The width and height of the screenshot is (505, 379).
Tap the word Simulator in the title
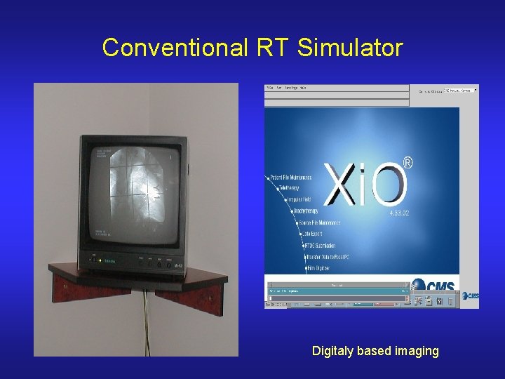click(350, 48)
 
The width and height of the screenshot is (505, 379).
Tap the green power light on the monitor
click(100, 261)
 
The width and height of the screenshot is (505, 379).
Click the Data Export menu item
click(313, 234)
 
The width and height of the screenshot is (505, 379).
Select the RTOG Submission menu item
click(319, 246)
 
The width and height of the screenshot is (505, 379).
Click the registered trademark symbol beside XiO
click(408, 163)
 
